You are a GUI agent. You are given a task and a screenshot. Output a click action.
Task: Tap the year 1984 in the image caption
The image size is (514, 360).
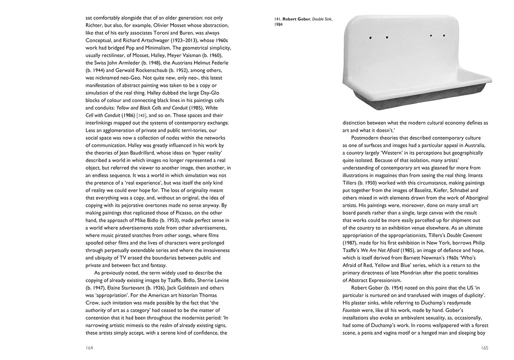click(278, 25)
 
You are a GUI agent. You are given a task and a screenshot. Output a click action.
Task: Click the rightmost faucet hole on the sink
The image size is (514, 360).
click(444, 35)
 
